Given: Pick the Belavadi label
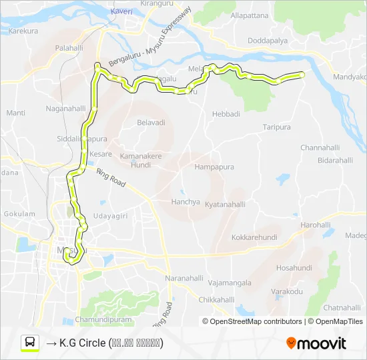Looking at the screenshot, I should point(151,123).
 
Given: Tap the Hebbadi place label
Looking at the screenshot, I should point(226,114).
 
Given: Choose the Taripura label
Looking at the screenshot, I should point(276,127).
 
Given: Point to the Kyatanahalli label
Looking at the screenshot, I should point(228,204).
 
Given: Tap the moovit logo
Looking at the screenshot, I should point(316,343).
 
